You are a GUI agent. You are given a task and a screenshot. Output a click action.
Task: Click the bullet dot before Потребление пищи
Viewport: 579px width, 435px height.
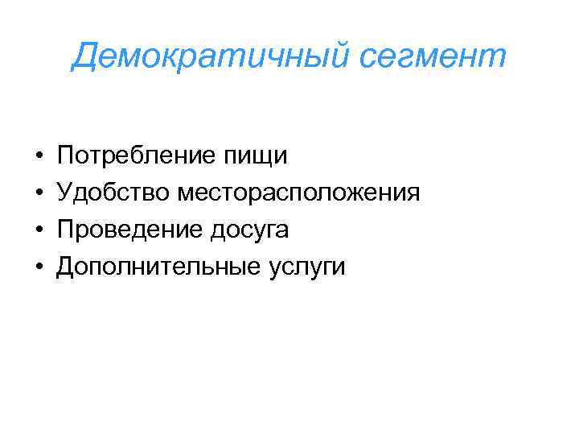tap(39, 155)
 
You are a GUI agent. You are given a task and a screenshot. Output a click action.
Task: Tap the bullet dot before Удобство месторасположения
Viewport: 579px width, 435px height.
tap(39, 193)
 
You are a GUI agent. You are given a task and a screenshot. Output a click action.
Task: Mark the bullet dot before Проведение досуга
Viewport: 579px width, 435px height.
tap(39, 230)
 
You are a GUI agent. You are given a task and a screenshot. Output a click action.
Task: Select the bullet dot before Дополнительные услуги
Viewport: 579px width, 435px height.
tap(39, 267)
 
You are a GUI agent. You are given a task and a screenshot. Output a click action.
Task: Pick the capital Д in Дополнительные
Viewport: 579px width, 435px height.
tap(67, 266)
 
